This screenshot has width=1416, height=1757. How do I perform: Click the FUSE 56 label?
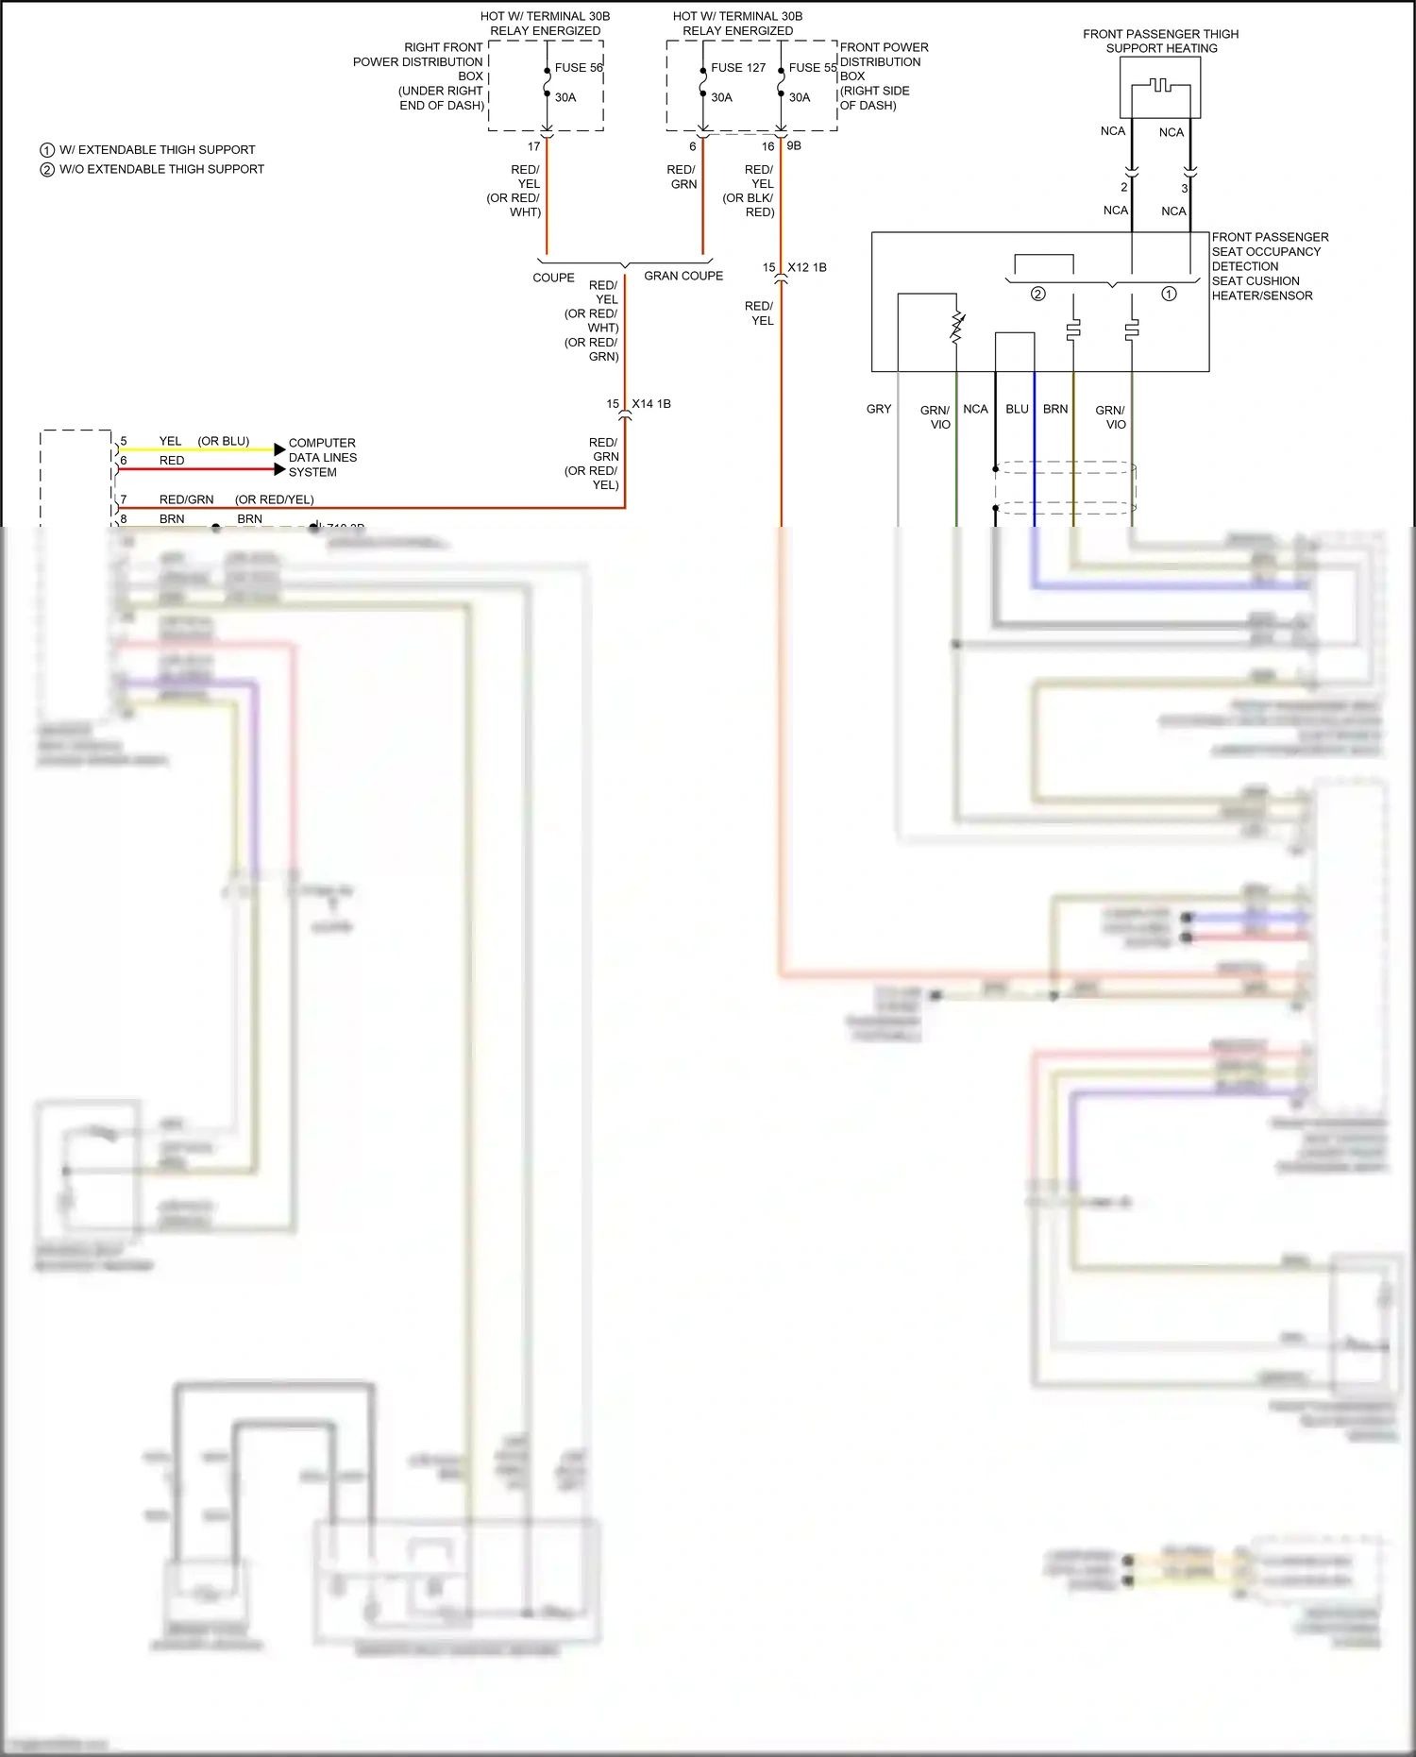click(x=578, y=68)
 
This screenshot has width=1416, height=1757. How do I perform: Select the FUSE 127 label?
click(x=738, y=68)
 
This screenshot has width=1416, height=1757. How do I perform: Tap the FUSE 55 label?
click(x=813, y=68)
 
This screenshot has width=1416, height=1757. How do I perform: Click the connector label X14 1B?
click(x=651, y=404)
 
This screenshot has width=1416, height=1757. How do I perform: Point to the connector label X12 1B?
click(x=807, y=268)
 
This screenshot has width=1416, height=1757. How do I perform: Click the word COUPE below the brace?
click(x=553, y=279)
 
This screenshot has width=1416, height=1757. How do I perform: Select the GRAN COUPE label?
click(x=683, y=277)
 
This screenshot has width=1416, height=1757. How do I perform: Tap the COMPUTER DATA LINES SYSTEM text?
click(x=322, y=458)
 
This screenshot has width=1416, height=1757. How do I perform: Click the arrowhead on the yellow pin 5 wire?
click(x=279, y=449)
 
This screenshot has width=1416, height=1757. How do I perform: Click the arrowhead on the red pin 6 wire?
click(x=279, y=469)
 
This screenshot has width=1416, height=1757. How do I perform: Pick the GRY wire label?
click(x=879, y=410)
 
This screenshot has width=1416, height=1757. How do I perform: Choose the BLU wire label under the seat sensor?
click(x=1017, y=410)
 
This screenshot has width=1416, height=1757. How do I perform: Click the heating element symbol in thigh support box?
click(x=1161, y=87)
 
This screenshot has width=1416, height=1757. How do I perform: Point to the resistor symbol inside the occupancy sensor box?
click(x=957, y=327)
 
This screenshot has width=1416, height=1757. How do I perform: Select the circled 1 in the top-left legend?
click(x=47, y=150)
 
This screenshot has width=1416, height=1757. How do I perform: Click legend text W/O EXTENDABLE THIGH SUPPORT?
click(x=161, y=170)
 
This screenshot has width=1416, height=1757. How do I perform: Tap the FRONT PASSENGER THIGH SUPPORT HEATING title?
click(x=1161, y=42)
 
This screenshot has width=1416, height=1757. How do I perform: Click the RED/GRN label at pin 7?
click(x=186, y=500)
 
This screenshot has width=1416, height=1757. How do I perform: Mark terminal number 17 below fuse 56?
click(x=533, y=147)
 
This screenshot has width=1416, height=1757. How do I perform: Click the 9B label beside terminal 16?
click(x=794, y=146)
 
